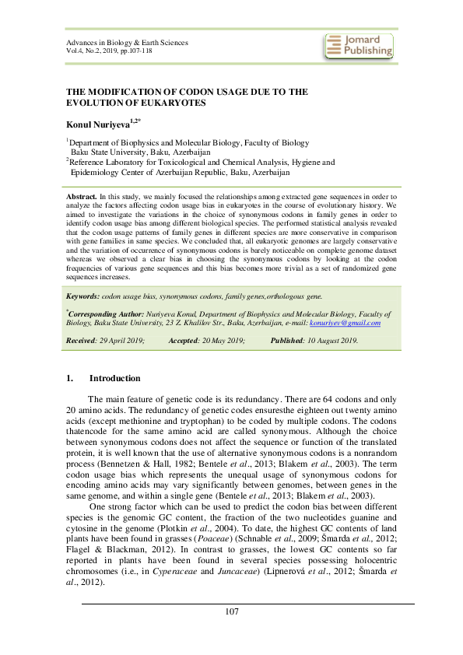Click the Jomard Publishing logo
click(x=358, y=45)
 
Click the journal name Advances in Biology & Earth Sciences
click(x=127, y=42)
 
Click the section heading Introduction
click(x=114, y=378)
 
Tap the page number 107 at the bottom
click(x=231, y=612)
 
